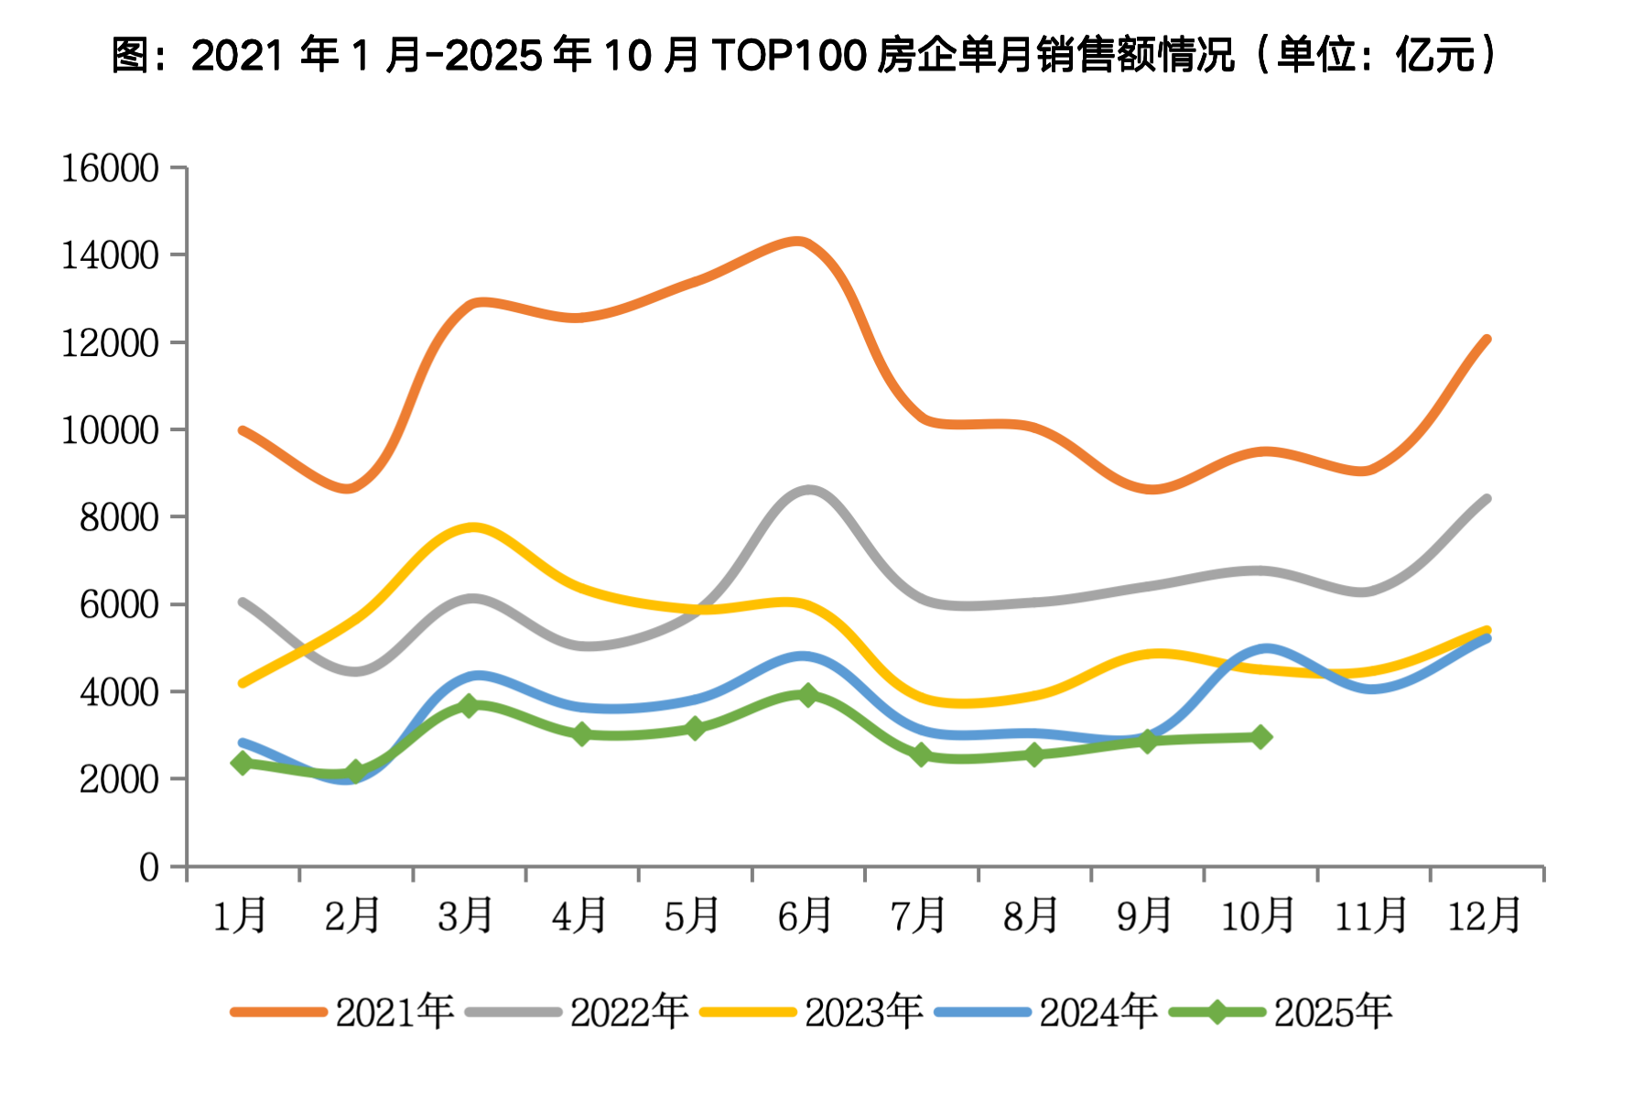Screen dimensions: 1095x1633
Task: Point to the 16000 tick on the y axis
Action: (x=110, y=168)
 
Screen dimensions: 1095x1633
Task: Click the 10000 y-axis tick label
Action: (x=110, y=430)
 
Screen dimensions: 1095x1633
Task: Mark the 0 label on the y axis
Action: (x=148, y=867)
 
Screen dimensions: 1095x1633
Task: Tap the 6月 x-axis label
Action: (x=806, y=916)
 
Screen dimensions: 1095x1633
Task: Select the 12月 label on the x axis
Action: (x=1484, y=916)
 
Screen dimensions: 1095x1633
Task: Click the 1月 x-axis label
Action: (x=240, y=916)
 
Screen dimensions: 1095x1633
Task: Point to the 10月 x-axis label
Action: (x=1258, y=916)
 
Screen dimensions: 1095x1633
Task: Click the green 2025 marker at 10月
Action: (x=1260, y=737)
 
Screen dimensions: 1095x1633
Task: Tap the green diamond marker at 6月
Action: (x=807, y=695)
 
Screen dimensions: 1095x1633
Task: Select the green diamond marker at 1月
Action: (x=243, y=763)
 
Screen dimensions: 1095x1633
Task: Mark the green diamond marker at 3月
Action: (x=469, y=705)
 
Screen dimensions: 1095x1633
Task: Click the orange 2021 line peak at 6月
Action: (x=799, y=242)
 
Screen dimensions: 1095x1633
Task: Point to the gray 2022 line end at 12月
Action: (x=1487, y=499)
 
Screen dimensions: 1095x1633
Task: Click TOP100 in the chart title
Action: (x=788, y=55)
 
